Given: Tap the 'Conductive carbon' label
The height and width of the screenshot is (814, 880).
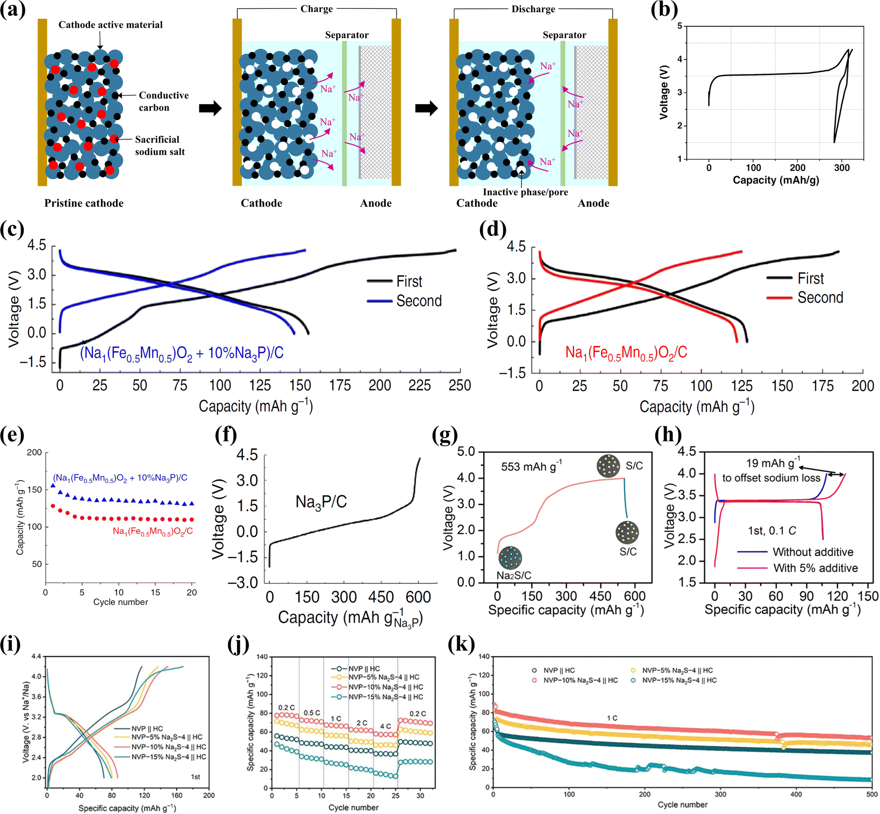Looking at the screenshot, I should [163, 101].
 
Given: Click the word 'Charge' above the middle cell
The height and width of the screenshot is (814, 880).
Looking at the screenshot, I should [317, 9].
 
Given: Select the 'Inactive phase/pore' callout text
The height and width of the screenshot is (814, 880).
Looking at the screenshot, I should [525, 192].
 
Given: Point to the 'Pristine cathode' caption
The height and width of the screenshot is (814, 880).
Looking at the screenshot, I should [84, 203].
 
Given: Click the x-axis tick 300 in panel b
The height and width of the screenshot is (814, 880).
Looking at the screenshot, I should [841, 168].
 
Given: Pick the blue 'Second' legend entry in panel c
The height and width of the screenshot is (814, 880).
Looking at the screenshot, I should [418, 301].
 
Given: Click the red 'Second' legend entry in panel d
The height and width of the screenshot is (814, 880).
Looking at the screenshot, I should [819, 297].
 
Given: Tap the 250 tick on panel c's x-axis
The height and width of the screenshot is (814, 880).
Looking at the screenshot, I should [460, 386].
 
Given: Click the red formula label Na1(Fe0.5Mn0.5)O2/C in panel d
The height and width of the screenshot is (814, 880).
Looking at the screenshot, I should [626, 353].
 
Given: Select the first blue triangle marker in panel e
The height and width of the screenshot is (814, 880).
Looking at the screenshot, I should [53, 485].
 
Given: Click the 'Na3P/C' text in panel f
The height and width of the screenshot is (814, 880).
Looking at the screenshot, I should [321, 502].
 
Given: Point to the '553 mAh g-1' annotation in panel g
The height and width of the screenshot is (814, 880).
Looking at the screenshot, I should [531, 466].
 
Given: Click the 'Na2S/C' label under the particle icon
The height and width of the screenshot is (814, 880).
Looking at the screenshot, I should [514, 576].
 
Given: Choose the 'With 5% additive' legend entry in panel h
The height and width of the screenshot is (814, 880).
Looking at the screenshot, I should [815, 568].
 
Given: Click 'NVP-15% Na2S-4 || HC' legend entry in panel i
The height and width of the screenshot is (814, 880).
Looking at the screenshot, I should [168, 757].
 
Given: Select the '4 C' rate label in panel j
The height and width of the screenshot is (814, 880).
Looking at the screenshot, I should [386, 726].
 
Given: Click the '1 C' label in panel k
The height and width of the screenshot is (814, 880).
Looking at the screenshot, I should [612, 718].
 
